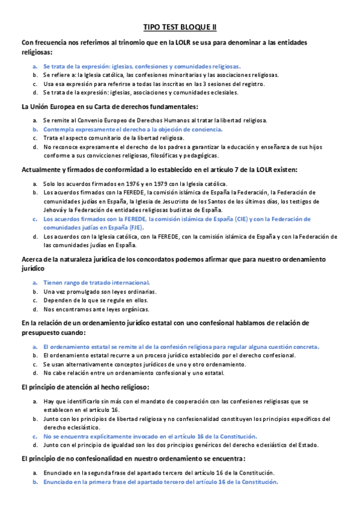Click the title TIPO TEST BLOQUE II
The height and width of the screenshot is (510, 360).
[180, 27]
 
